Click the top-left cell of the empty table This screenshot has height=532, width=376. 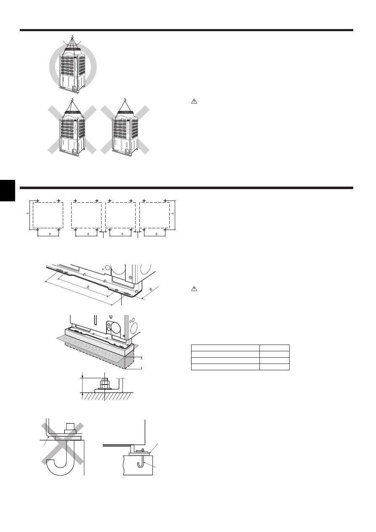[x=225, y=348]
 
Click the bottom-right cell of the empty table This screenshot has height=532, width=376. [x=275, y=367]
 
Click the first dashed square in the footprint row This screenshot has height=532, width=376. [x=48, y=215]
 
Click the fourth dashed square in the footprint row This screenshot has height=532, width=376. [x=155, y=215]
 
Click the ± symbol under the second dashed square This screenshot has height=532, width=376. [x=88, y=233]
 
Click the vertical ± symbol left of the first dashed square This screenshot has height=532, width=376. [x=27, y=214]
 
